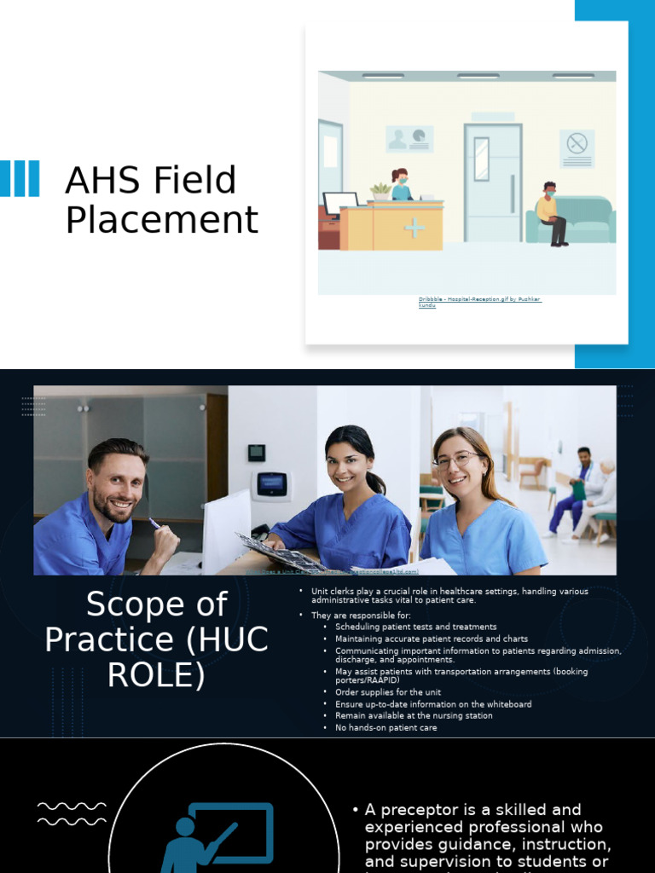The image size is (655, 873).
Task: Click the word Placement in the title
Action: point(161,220)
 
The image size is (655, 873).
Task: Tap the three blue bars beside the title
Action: point(20,179)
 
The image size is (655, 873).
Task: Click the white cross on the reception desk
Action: point(414,228)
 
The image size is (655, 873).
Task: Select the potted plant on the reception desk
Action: point(380,192)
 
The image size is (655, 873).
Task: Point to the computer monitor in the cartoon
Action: point(340,203)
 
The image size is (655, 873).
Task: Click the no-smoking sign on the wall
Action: point(577,143)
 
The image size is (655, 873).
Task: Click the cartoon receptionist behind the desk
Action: point(400,184)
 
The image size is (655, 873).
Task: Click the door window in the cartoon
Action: point(482,159)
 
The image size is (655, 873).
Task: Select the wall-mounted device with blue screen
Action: point(271,484)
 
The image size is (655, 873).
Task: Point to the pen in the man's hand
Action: point(155,523)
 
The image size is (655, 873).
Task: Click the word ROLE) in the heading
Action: point(156,674)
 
